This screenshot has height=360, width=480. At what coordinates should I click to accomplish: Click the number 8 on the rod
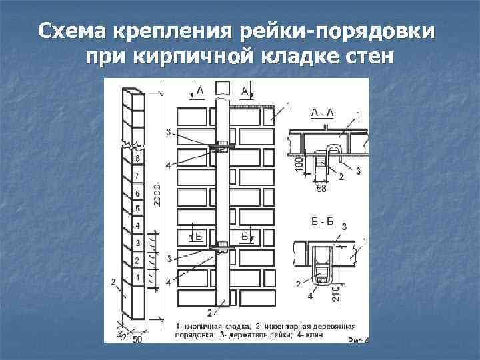pyautogui.click(x=137, y=159)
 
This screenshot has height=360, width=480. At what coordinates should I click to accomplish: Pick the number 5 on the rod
pyautogui.click(x=137, y=209)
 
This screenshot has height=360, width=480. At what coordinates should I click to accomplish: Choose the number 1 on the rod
pyautogui.click(x=137, y=277)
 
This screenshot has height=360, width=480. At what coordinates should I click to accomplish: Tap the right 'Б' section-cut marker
pyautogui.click(x=245, y=236)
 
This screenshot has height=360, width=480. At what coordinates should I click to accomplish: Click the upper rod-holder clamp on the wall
pyautogui.click(x=222, y=147)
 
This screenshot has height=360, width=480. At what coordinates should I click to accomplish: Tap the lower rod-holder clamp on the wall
pyautogui.click(x=222, y=249)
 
